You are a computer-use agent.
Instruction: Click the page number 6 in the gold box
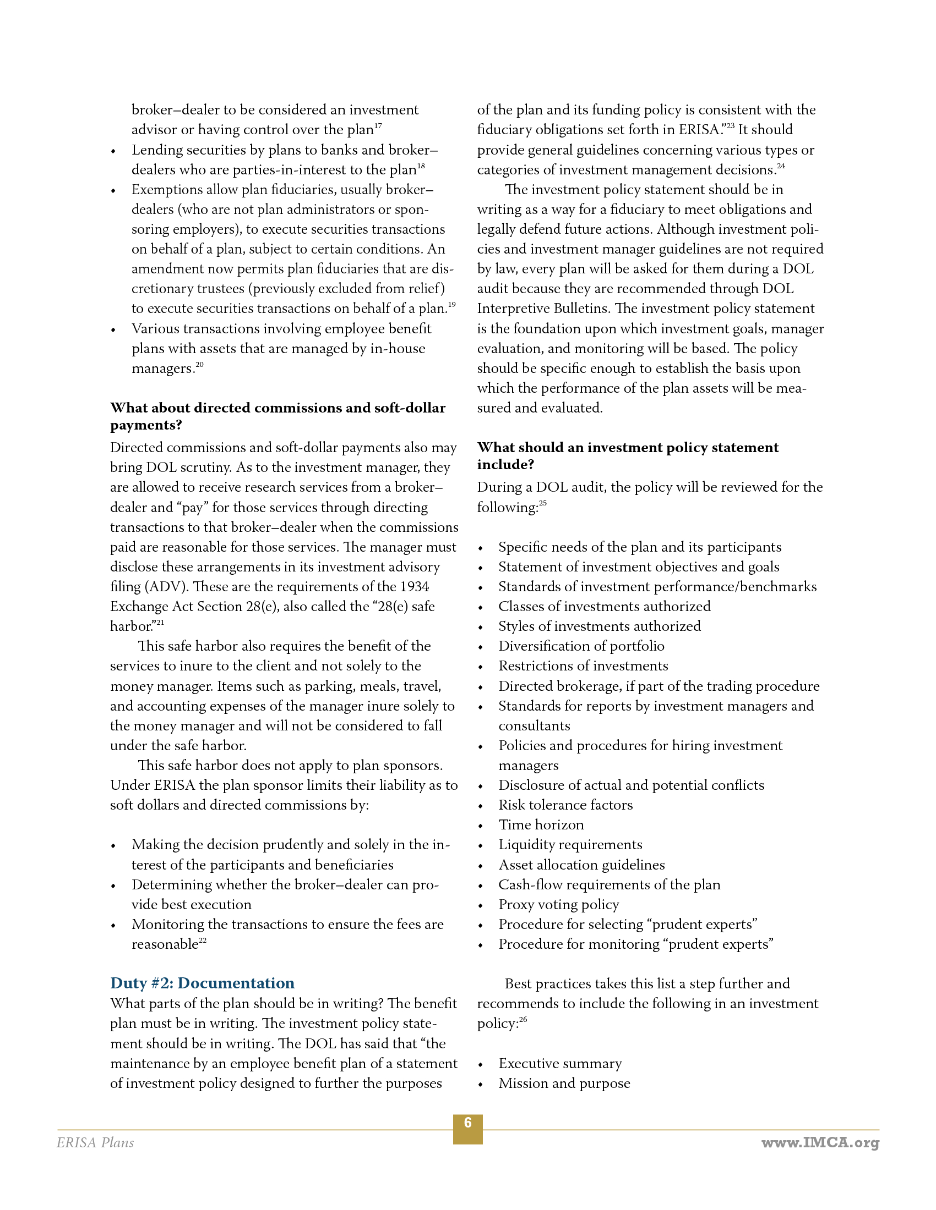click(467, 1123)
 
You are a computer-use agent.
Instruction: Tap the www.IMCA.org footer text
click(820, 1143)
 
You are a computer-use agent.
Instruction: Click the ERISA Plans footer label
click(95, 1143)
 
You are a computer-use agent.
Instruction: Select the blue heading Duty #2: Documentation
click(203, 983)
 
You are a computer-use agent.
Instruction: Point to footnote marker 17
click(378, 127)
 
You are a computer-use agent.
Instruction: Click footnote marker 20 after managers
click(200, 365)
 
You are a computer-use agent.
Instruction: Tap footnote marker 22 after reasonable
click(203, 940)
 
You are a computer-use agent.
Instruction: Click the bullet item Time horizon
click(541, 825)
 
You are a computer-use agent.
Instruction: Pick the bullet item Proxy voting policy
click(558, 905)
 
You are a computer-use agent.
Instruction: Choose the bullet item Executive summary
click(560, 1064)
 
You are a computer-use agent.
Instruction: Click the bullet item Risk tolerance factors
click(565, 805)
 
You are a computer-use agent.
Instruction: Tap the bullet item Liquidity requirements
click(570, 845)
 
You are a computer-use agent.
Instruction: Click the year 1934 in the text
click(414, 587)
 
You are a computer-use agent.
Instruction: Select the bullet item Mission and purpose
click(564, 1083)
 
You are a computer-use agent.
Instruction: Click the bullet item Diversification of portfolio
click(581, 646)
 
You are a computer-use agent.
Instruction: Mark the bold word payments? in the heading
click(146, 426)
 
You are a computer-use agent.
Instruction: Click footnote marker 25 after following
click(543, 504)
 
